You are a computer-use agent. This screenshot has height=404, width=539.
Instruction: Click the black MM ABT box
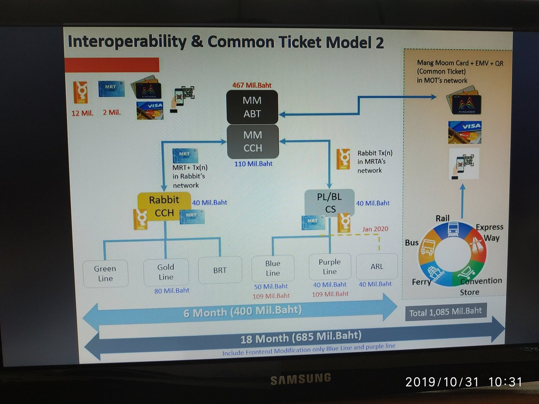[252, 107]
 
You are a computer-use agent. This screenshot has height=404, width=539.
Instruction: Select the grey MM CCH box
[253, 141]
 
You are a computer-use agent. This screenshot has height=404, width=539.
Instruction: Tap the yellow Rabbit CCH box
[164, 206]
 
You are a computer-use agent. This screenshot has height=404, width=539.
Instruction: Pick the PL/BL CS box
[329, 203]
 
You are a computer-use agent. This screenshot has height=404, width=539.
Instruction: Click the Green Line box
[105, 274]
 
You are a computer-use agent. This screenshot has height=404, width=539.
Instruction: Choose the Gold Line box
[166, 272]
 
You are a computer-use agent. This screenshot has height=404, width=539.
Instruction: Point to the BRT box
[220, 270]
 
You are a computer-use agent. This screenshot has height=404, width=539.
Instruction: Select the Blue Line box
[273, 268]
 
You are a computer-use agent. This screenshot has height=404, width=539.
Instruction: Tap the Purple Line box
[330, 267]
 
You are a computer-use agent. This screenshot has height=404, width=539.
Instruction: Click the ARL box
[377, 267]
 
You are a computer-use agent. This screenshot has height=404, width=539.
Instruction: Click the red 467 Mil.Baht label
[252, 85]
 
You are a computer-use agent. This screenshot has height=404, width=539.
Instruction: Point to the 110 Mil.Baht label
[253, 164]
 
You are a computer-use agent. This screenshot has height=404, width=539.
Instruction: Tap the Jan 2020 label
[375, 229]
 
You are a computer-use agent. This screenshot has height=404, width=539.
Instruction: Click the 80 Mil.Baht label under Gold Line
[172, 291]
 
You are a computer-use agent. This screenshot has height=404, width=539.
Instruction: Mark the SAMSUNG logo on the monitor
[301, 379]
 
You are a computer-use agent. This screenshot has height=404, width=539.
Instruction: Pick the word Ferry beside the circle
[421, 282]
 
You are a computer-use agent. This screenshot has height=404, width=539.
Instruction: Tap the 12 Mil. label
[82, 113]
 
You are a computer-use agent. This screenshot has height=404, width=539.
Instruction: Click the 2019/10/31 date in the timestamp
[442, 382]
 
